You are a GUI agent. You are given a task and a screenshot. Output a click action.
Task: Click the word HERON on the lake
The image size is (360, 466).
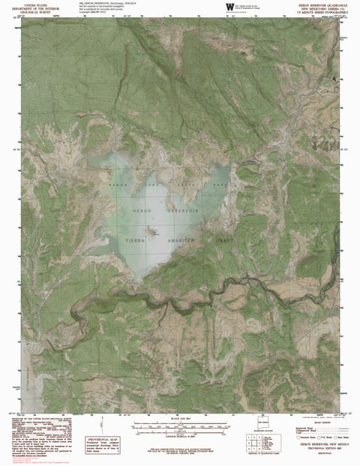point(142,212)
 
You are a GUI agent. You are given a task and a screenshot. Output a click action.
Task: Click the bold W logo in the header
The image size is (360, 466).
point(229,7)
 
